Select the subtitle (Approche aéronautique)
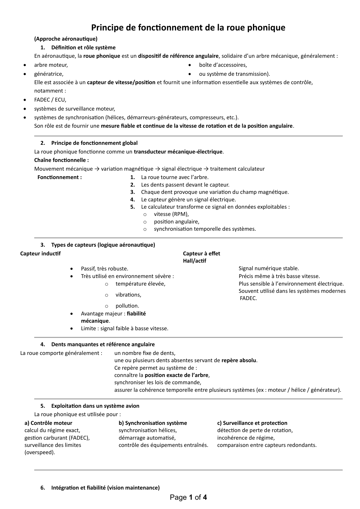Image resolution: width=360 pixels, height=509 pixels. (x=66, y=39)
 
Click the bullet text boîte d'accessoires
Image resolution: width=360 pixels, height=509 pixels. (x=223, y=65)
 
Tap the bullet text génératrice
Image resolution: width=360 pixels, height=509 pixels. (x=49, y=74)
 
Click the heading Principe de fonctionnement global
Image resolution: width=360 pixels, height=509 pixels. (x=94, y=143)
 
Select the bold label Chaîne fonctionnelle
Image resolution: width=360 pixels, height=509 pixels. (x=61, y=160)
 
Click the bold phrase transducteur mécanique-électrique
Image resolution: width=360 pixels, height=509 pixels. (x=178, y=152)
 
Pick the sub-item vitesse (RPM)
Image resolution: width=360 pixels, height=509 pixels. (x=171, y=214)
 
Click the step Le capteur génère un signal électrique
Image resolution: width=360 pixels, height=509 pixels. (x=188, y=200)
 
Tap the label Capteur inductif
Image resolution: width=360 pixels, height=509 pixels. (x=41, y=254)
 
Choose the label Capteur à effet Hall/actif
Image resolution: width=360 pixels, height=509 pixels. (x=201, y=257)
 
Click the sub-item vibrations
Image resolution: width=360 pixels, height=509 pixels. (x=128, y=295)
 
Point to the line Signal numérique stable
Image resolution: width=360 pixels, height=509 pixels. (x=269, y=268)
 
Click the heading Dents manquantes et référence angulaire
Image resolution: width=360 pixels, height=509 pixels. (x=103, y=344)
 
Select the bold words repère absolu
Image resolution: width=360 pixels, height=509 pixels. (x=239, y=360)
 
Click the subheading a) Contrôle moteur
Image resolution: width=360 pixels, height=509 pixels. (x=48, y=423)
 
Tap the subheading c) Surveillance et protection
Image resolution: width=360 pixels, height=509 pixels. (x=252, y=423)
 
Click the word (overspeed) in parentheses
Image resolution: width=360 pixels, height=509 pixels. (x=40, y=452)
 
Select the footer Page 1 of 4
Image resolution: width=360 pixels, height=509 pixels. (x=188, y=498)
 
